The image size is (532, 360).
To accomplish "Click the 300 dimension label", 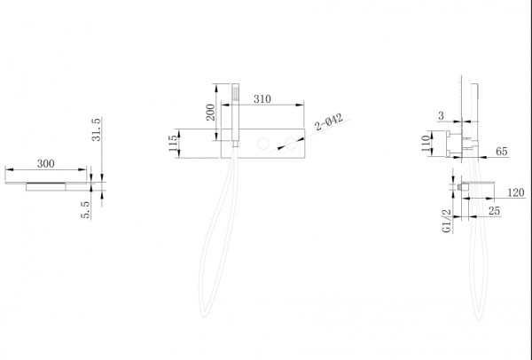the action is point(46,164).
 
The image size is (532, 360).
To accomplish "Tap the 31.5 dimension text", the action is point(96,129).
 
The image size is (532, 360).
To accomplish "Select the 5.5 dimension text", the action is point(85,209).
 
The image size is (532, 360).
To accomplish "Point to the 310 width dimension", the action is point(262,99).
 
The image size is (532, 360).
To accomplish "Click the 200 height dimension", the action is point(210,113).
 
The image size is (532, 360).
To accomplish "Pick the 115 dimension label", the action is point(173,143).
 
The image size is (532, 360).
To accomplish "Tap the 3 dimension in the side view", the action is point(441,115).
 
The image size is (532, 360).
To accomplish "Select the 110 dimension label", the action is point(426,143).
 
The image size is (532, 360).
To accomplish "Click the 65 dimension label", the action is point(502,152).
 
